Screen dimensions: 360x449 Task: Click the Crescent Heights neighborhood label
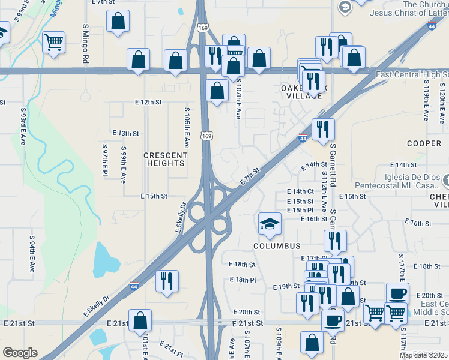pos(165,159)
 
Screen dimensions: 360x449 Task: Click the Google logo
pos(20,353)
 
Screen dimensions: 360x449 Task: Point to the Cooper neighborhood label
pos(424,143)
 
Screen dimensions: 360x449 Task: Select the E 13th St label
pos(126,133)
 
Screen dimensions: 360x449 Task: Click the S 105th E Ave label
pos(187,132)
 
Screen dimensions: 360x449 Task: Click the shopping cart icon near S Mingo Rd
pos(54,42)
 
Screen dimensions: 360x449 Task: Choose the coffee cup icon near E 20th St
pos(397,293)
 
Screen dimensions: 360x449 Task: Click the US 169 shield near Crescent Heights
pos(206,136)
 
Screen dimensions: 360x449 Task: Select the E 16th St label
pos(314,219)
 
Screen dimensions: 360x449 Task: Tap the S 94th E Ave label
pos(32,253)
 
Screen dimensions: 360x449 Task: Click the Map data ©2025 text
pos(423,355)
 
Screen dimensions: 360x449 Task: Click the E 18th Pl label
pos(243,280)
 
